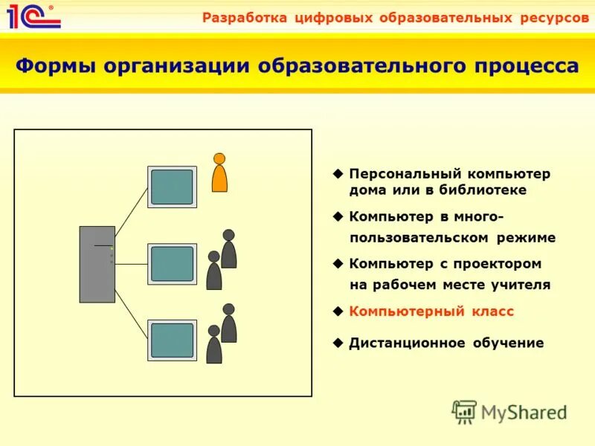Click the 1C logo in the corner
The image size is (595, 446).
(33, 16)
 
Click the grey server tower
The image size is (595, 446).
(97, 264)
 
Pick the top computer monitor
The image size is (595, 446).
(172, 187)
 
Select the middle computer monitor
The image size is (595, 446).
(172, 264)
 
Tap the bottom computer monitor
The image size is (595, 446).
(172, 340)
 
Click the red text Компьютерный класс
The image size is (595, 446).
(431, 312)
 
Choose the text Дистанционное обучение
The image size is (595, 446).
(446, 343)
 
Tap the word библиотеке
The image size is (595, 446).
(486, 190)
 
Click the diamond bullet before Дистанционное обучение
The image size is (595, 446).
(338, 343)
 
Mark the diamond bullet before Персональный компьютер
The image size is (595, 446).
(338, 173)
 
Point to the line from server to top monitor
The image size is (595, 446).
(131, 212)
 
